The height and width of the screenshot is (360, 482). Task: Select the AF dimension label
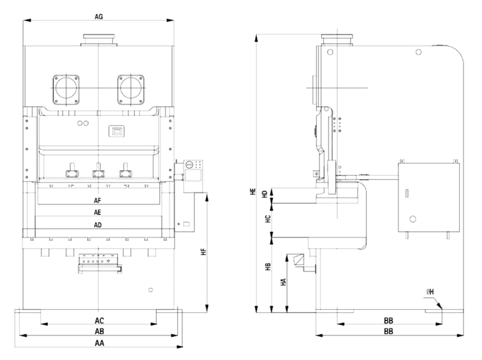[x=98, y=199]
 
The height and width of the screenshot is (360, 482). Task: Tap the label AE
[x=98, y=212]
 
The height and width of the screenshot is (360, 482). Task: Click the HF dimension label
[x=203, y=252]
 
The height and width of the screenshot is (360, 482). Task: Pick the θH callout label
[x=430, y=292]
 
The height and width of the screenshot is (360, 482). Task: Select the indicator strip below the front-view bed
[x=98, y=262]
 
